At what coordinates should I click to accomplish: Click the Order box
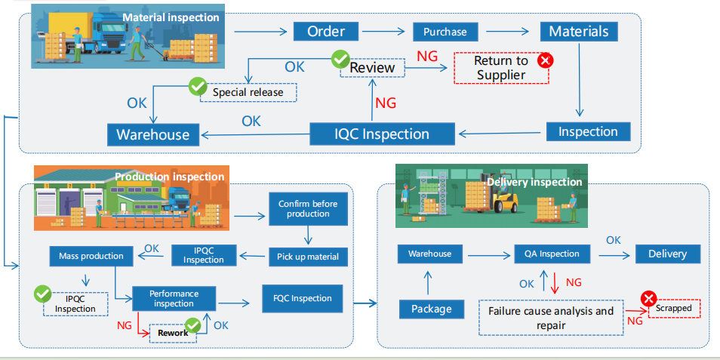pyautogui.click(x=326, y=32)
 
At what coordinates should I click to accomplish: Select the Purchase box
pyautogui.click(x=445, y=32)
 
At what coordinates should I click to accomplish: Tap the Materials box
pyautogui.click(x=579, y=32)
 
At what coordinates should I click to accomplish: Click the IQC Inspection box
pyautogui.click(x=383, y=134)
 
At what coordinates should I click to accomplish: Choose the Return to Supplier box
pyautogui.click(x=501, y=67)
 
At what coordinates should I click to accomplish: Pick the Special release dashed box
pyautogui.click(x=248, y=92)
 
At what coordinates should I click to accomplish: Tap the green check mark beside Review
pyautogui.click(x=340, y=57)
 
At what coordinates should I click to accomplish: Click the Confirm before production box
pyautogui.click(x=308, y=209)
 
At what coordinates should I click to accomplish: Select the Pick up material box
pyautogui.click(x=308, y=257)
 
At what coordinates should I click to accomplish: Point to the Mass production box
pyautogui.click(x=91, y=256)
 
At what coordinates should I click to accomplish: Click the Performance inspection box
pyautogui.click(x=174, y=298)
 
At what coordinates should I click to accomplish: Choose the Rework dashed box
pyautogui.click(x=173, y=333)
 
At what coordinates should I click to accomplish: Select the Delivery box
pyautogui.click(x=667, y=254)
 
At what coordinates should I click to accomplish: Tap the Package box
pyautogui.click(x=431, y=309)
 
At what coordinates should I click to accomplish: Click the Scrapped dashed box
pyautogui.click(x=673, y=309)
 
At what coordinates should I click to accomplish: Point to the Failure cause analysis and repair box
pyautogui.click(x=551, y=317)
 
